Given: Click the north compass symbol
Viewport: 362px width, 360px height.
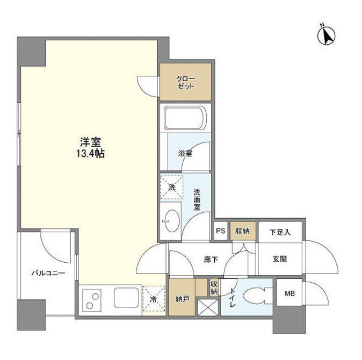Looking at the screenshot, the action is (326, 35).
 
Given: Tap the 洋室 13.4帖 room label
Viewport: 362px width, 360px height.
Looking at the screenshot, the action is (90, 148).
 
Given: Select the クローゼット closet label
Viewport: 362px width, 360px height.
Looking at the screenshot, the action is (185, 82).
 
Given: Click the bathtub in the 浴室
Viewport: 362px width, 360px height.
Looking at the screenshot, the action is (185, 118).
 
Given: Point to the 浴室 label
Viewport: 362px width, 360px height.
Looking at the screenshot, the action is (185, 153).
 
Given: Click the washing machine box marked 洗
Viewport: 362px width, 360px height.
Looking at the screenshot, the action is (171, 188).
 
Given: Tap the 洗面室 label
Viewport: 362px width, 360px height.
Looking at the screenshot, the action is (197, 199).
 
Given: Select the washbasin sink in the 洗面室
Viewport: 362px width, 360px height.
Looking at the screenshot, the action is (171, 220).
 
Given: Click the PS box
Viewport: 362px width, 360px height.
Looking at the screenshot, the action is (221, 231).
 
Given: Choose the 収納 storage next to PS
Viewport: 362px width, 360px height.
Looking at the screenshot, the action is (243, 231).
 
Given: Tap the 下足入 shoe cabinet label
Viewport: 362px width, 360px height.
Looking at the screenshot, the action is (280, 232).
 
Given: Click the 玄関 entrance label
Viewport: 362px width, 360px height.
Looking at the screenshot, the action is (280, 260).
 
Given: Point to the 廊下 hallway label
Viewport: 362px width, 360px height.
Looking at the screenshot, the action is (211, 260).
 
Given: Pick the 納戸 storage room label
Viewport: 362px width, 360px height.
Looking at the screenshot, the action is (183, 299).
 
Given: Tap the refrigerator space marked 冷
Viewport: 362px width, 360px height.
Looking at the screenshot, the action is (154, 298).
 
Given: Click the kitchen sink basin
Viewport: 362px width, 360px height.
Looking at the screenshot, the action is (126, 297).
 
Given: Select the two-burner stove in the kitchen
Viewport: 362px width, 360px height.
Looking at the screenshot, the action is (92, 300).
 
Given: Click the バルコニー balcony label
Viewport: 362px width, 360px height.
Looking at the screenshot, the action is (48, 273).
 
